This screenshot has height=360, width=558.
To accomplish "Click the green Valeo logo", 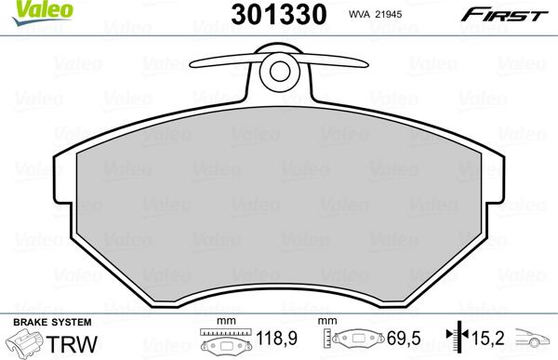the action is pyautogui.click(x=43, y=12).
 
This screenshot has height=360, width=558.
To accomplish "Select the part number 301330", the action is pyautogui.click(x=279, y=14).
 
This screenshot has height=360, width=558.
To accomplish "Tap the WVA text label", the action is pyautogui.click(x=359, y=14).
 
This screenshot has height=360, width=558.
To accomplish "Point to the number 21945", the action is pyautogui.click(x=388, y=14).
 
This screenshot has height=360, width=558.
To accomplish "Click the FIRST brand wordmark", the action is pyautogui.click(x=504, y=15).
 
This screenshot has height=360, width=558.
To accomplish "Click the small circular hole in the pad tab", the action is pyautogui.click(x=280, y=72).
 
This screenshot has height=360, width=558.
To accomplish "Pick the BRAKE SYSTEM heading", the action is pyautogui.click(x=52, y=322).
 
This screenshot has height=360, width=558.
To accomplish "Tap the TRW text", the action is pyautogui.click(x=72, y=344).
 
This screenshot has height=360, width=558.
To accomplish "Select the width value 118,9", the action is pyautogui.click(x=276, y=338).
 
